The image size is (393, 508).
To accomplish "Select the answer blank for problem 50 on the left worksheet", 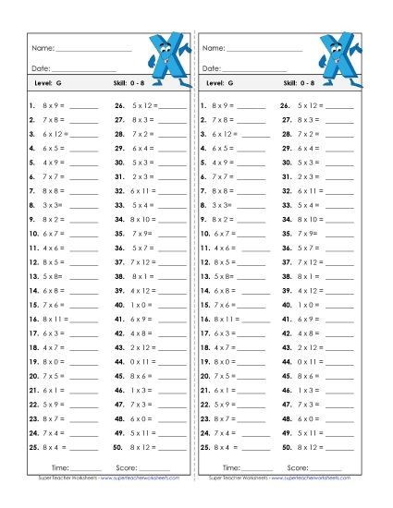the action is [x=171, y=447].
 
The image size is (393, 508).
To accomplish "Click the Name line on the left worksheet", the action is [x=93, y=49].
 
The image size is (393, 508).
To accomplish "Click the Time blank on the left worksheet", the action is [x=87, y=470].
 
